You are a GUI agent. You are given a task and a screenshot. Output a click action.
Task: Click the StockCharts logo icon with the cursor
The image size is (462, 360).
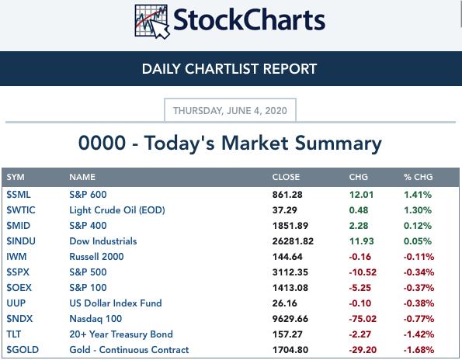(x=152, y=22)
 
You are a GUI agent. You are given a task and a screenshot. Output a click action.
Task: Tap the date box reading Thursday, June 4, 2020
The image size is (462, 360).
(x=230, y=110)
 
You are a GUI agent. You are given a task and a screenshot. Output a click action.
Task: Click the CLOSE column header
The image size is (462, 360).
(x=286, y=177)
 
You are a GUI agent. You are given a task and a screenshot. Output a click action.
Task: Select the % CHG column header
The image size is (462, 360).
(x=418, y=177)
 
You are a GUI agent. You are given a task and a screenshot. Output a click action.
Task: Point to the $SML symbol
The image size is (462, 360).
(x=19, y=195)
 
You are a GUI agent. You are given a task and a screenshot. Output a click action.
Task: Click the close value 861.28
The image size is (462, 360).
(x=287, y=195)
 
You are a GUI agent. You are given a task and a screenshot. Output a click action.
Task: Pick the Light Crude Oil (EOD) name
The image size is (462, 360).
(x=117, y=210)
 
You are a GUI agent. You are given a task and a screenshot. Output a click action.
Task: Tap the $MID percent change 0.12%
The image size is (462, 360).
(x=418, y=226)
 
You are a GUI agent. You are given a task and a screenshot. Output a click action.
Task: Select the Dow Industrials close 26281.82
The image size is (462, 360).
(x=293, y=241)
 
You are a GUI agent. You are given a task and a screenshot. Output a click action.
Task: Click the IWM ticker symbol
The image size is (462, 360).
(x=16, y=257)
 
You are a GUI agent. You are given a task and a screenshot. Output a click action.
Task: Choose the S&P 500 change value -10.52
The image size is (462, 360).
(x=363, y=272)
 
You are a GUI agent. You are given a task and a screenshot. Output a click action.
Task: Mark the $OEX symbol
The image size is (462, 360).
(x=19, y=288)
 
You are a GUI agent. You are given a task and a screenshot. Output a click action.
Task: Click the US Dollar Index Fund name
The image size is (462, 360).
(x=116, y=303)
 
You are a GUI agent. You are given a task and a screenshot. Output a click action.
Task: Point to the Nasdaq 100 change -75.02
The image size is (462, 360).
(x=363, y=319)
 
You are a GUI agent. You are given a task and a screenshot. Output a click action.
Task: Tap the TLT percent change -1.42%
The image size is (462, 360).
(x=419, y=334)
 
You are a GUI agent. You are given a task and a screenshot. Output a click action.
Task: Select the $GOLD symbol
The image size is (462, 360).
(x=23, y=350)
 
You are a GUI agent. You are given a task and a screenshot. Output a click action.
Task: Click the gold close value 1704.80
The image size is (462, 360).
(x=290, y=350)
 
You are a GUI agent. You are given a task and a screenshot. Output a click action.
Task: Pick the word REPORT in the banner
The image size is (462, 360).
(x=290, y=69)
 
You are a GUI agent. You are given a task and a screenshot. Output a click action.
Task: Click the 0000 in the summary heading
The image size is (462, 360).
(x=102, y=143)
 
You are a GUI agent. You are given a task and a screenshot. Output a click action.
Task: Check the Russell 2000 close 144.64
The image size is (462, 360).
(x=287, y=257)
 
